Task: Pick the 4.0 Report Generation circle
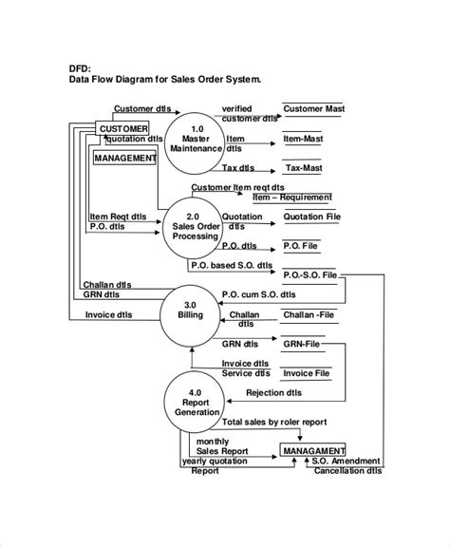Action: pos(196,401)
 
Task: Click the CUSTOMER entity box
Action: pos(123,128)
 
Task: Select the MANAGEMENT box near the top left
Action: pos(124,159)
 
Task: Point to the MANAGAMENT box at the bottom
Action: pos(312,449)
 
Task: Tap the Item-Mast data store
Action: pos(307,139)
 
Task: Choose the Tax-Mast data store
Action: pos(306,168)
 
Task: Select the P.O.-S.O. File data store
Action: pos(309,275)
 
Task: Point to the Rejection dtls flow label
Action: pos(273,391)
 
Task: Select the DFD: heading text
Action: pos(84,67)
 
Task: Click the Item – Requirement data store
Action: pos(291,198)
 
